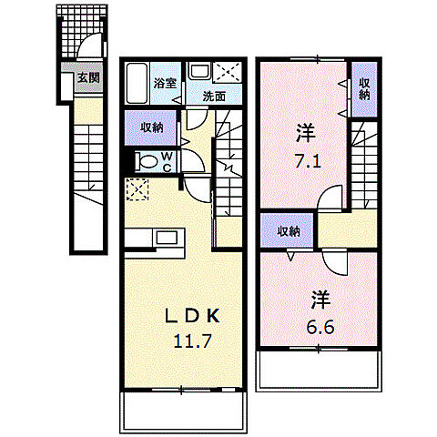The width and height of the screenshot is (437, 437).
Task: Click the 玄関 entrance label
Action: [x=88, y=77]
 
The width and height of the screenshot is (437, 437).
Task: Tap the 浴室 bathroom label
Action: [x=165, y=83]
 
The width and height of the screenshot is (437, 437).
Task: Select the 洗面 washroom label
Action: [x=214, y=97]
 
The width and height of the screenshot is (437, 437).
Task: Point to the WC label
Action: [x=168, y=162]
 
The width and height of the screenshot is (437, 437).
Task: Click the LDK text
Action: [x=192, y=316]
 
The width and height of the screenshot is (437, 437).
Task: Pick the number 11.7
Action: [x=192, y=341]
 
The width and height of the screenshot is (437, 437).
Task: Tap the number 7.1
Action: [x=308, y=161]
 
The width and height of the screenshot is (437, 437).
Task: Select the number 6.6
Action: [x=320, y=327]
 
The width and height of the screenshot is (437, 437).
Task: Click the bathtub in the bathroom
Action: [x=137, y=83]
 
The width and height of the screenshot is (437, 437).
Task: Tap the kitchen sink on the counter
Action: [x=167, y=238]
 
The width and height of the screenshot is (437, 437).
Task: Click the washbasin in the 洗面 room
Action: [x=199, y=71]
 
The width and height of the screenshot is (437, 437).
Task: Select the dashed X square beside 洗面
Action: [x=228, y=72]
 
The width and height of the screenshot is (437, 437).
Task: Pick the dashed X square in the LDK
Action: [x=137, y=189]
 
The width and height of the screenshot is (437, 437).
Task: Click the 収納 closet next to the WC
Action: [x=150, y=127]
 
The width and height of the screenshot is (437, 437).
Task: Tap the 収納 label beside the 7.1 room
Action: [x=364, y=88]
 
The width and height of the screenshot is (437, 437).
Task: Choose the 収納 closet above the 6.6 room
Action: [x=287, y=230]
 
